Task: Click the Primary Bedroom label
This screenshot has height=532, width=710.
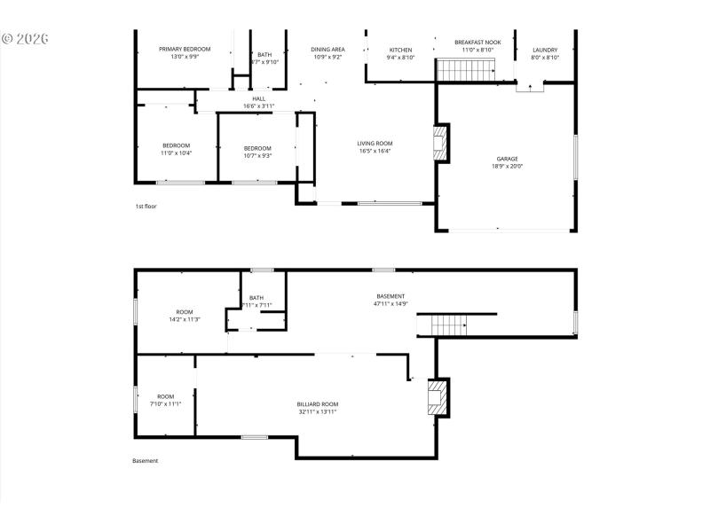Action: pyautogui.click(x=184, y=49)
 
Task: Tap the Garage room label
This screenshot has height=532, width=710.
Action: pyautogui.click(x=508, y=159)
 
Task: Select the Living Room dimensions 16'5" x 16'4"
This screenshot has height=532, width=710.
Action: pyautogui.click(x=375, y=151)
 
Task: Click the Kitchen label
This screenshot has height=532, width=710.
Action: pyautogui.click(x=400, y=50)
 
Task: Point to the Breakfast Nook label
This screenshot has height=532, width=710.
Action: pyautogui.click(x=477, y=42)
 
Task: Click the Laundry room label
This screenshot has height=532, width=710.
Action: pyautogui.click(x=545, y=50)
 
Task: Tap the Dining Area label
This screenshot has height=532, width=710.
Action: pyautogui.click(x=327, y=49)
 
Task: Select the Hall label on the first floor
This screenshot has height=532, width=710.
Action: pyautogui.click(x=259, y=98)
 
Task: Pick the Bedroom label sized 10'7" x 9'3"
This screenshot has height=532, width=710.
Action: pyautogui.click(x=257, y=148)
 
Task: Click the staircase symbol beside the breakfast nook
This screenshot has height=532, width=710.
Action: pyautogui.click(x=463, y=69)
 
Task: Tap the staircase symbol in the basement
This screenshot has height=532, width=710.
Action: pyautogui.click(x=448, y=325)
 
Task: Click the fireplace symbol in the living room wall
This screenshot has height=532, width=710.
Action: pyautogui.click(x=440, y=143)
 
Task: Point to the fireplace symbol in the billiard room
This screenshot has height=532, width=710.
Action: pyautogui.click(x=438, y=397)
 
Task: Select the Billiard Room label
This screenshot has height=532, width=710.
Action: pyautogui.click(x=317, y=403)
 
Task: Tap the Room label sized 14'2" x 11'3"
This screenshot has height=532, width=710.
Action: pyautogui.click(x=185, y=312)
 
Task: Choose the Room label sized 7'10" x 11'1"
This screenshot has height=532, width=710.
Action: pyautogui.click(x=166, y=396)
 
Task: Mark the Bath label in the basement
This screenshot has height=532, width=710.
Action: pyautogui.click(x=256, y=298)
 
